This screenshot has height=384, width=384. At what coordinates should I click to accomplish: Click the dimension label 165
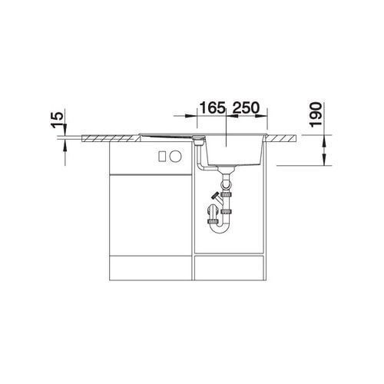coord(212,108)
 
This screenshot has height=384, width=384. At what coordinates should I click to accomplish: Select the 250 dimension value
coord(246,108)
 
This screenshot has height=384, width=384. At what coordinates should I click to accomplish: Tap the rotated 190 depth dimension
coord(316,114)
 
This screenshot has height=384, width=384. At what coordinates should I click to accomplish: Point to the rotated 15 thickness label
coord(58,120)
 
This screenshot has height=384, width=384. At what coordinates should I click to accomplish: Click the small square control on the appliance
coord(162,156)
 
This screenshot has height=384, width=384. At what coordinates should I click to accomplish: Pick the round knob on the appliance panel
coord(176,156)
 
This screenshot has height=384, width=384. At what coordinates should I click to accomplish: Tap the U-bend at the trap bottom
coord(218,228)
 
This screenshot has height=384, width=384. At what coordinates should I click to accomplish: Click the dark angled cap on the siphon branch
coord(215,196)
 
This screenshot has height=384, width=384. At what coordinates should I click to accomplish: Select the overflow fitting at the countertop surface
coord(198,140)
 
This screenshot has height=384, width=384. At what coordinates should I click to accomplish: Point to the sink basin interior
coord(234,151)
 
